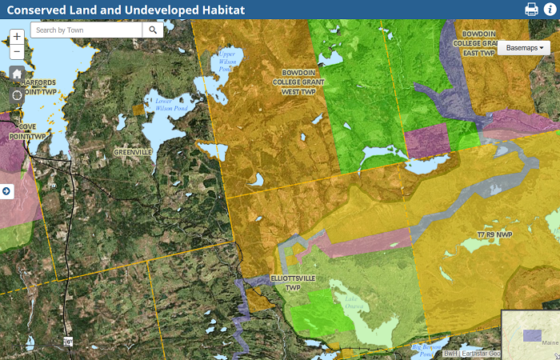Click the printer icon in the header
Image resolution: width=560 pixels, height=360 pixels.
[x=531, y=10]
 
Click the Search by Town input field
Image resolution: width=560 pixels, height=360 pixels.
[x=86, y=30]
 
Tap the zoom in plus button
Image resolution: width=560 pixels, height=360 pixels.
[x=17, y=37]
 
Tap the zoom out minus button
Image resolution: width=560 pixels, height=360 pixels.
[x=17, y=53]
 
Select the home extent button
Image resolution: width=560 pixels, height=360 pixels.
[x=17, y=74]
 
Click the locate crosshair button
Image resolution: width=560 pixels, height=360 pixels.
[x=17, y=95]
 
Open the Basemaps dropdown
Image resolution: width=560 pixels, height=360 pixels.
[x=525, y=48]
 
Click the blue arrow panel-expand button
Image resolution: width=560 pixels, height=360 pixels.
[x=6, y=191]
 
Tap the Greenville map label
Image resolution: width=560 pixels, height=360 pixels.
[x=133, y=152]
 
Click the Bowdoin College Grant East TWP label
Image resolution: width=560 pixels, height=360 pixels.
[x=478, y=43]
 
